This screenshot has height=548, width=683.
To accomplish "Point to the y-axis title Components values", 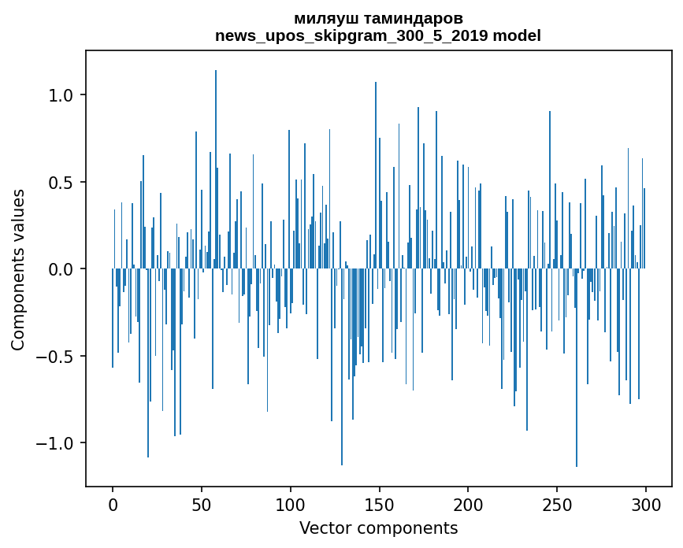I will tap(18, 269).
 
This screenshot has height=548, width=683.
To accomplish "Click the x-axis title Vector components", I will tap(378, 528).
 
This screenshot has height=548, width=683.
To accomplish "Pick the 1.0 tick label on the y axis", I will tap(61, 95).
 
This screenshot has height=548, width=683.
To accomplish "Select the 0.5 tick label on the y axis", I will tap(61, 183).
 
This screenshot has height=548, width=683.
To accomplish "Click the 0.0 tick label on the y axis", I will tap(61, 269).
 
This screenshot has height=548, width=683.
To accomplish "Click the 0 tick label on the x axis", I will tap(113, 504).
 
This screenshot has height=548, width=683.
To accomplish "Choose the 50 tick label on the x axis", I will tap(202, 504).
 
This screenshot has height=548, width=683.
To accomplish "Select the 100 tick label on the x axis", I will tap(290, 504).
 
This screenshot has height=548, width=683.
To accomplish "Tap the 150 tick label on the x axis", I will tap(379, 504).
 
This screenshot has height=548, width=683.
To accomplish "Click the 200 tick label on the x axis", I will tap(468, 504).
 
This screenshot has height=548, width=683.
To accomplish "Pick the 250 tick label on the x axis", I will tap(557, 504).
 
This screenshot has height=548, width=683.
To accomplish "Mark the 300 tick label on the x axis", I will tap(646, 504).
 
